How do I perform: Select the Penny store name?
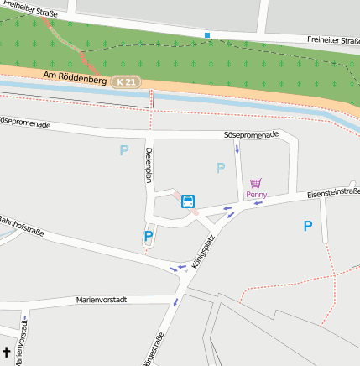click(x=256, y=195)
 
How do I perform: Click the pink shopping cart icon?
click(x=256, y=182)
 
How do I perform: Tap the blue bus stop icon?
click(x=188, y=201)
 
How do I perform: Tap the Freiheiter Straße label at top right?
click(x=333, y=39)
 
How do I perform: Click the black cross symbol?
click(x=6, y=353)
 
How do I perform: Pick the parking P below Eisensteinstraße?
click(x=308, y=226)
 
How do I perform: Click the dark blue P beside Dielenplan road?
click(x=149, y=237)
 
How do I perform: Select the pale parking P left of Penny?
click(x=221, y=168)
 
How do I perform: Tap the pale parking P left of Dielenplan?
click(x=124, y=151)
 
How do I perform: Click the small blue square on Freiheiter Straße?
click(x=207, y=35)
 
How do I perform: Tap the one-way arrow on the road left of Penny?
click(x=237, y=149)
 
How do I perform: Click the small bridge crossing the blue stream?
click(x=152, y=98)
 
